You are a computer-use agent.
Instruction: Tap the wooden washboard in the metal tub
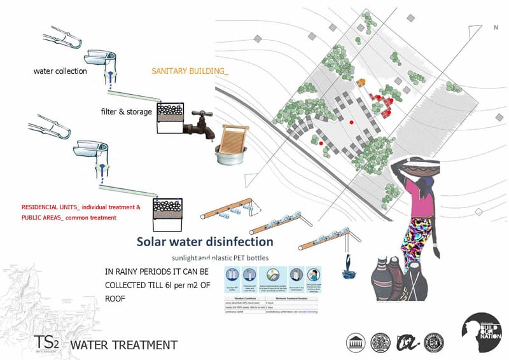[x=232, y=140]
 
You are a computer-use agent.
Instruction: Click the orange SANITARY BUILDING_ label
[x=190, y=71]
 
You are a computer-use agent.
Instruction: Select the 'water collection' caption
[x=60, y=71]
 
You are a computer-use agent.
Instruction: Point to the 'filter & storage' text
[x=126, y=112]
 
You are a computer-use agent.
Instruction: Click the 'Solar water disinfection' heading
[x=205, y=242]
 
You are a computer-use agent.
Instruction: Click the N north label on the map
[x=496, y=28]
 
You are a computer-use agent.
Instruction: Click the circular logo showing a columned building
[x=355, y=342]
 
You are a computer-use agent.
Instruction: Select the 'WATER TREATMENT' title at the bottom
[x=123, y=345]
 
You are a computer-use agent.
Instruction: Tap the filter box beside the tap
[x=170, y=118]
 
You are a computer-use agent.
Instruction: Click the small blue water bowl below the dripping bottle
[x=349, y=274]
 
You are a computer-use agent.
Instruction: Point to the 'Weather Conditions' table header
[x=245, y=298]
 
